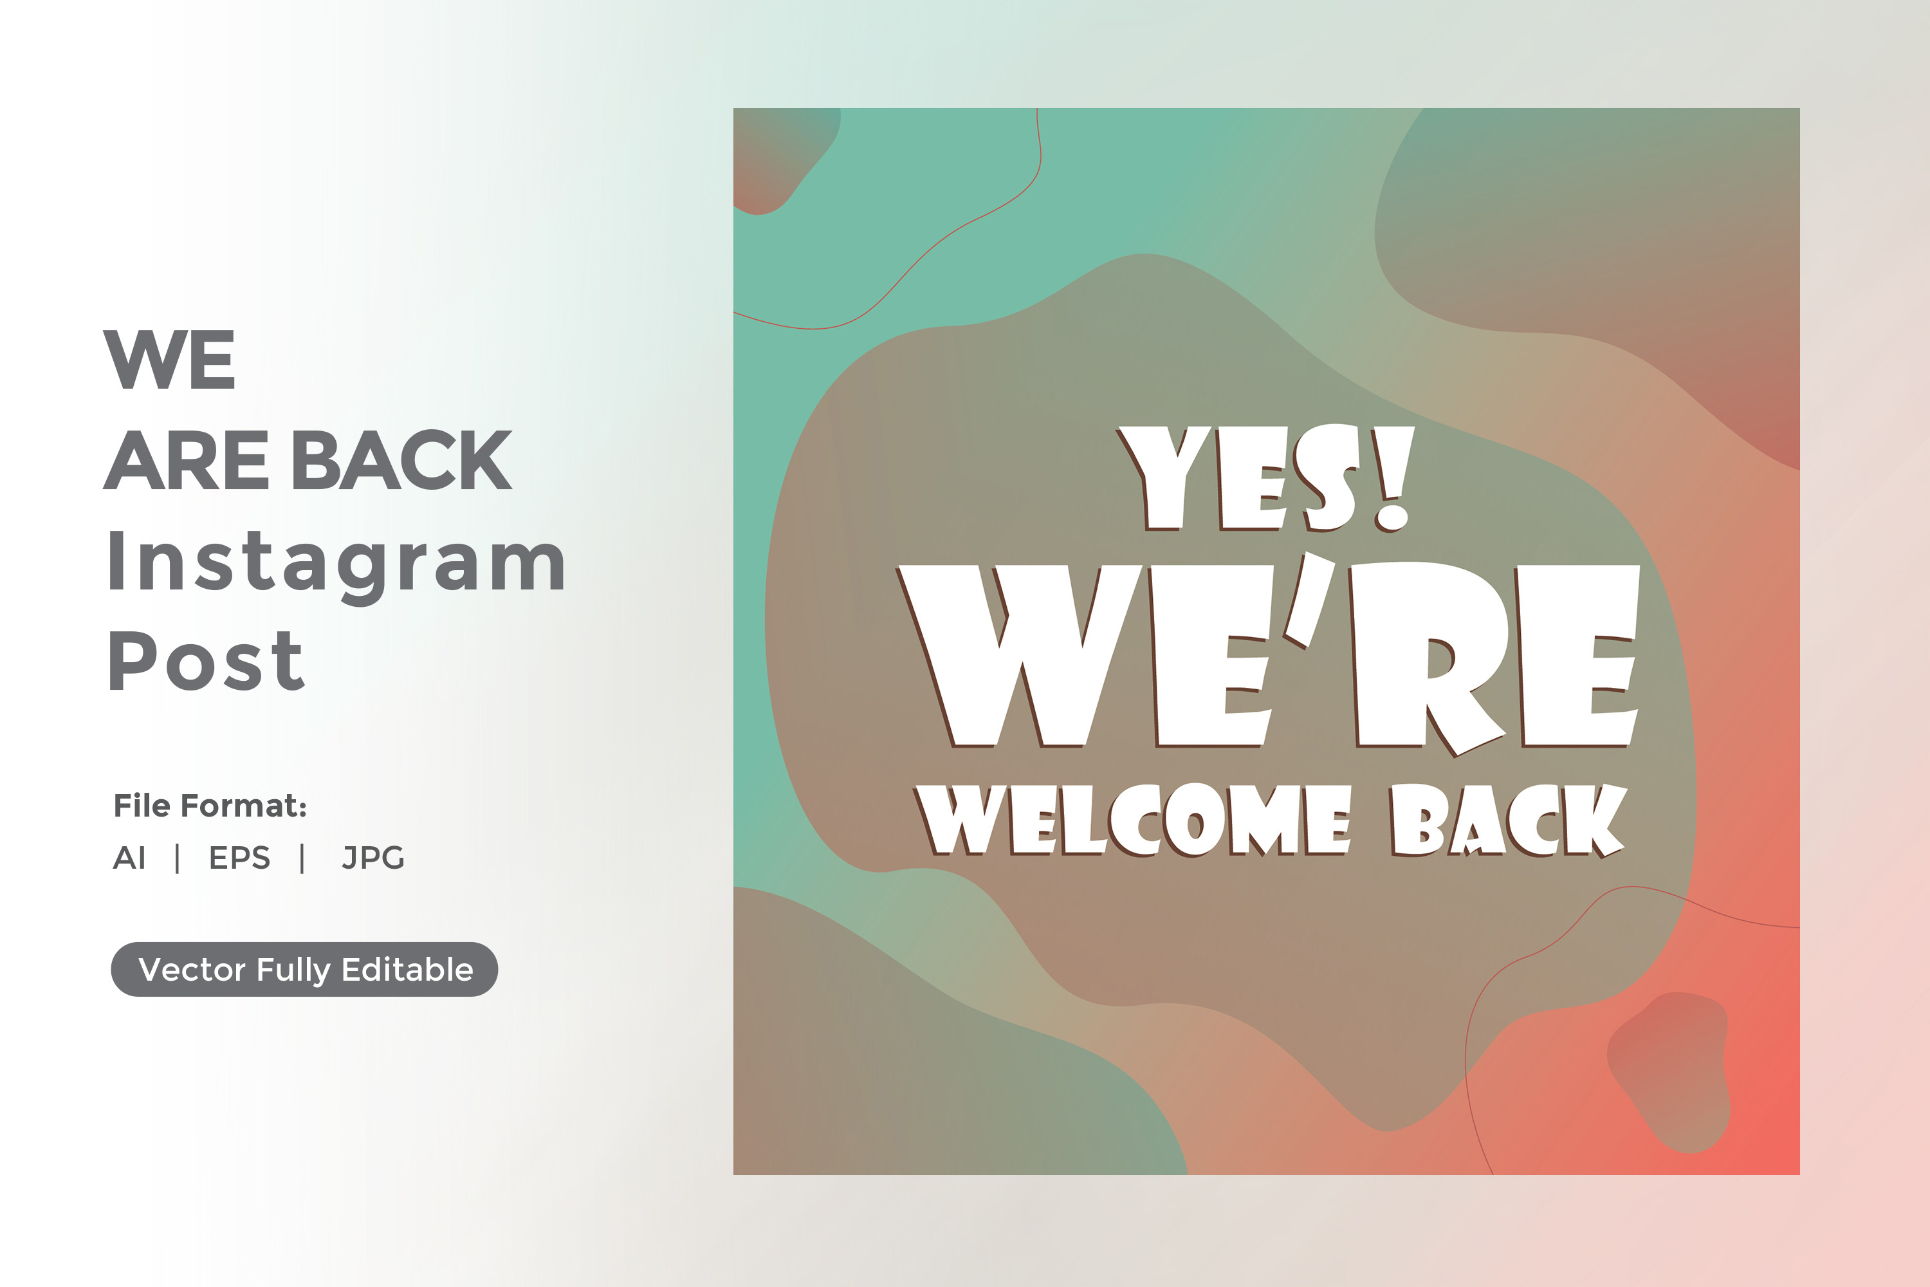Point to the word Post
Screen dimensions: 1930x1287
point(207,662)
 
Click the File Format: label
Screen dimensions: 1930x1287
point(210,806)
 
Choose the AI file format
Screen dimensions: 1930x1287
point(130,858)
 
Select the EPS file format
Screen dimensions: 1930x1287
point(239,858)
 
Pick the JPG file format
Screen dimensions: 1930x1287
point(373,858)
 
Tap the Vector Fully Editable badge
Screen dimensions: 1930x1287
point(304,969)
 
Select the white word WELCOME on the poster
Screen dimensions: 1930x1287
point(1132,819)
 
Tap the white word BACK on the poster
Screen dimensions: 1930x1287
point(1508,820)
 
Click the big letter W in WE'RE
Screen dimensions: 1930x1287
point(1019,656)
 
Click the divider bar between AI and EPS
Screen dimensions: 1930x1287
point(178,858)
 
